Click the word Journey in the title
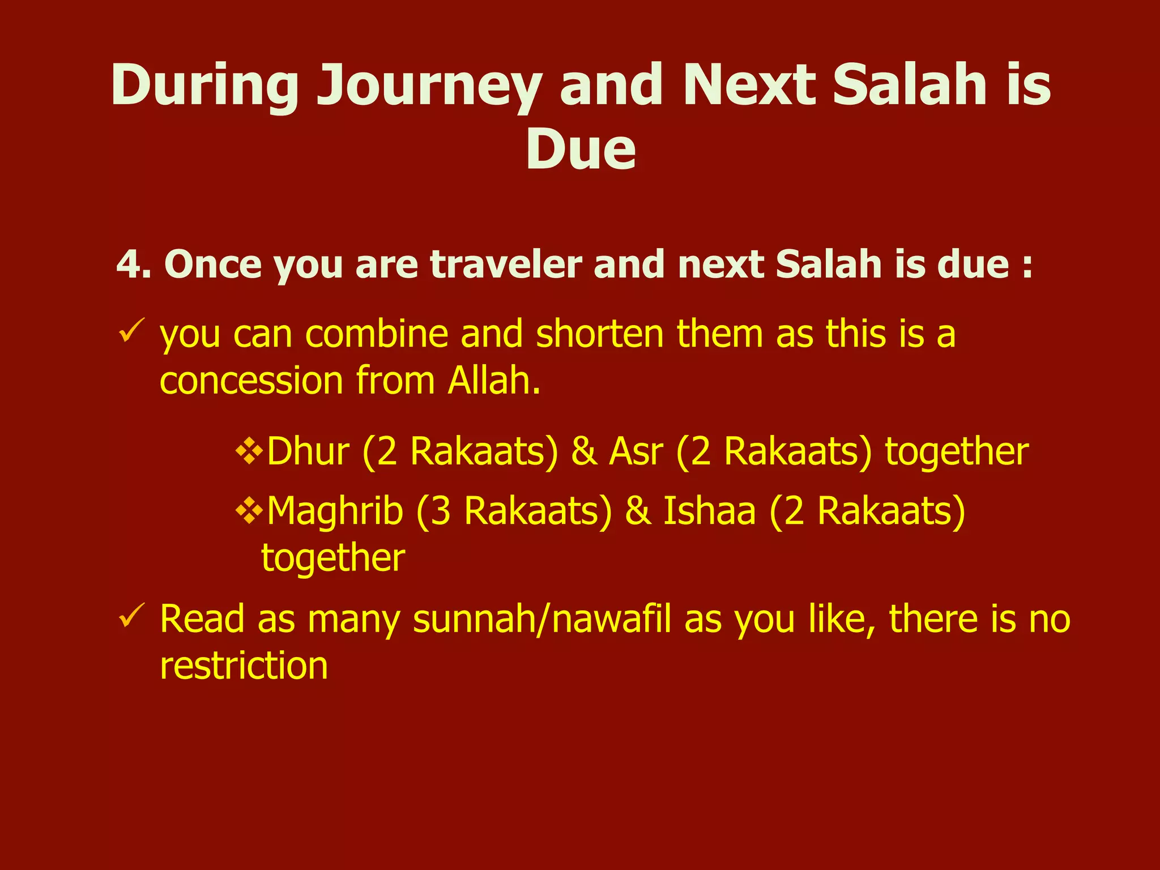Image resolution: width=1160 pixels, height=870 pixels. (428, 86)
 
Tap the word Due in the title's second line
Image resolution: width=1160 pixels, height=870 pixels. (580, 150)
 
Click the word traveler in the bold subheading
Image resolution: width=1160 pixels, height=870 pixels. (506, 265)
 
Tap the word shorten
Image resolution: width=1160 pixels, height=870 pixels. (599, 334)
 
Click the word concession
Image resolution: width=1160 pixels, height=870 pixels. (251, 381)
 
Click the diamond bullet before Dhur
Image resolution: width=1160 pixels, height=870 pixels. (249, 451)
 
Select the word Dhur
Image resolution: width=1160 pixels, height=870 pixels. (308, 451)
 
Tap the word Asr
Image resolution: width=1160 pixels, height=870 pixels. (636, 451)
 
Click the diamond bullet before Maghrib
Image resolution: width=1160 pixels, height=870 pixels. (249, 511)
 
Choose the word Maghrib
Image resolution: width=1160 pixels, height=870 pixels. (335, 511)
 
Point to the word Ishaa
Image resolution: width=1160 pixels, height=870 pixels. (709, 511)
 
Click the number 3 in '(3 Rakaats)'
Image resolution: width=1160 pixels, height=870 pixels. (441, 511)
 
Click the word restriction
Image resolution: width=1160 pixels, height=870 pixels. (244, 666)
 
